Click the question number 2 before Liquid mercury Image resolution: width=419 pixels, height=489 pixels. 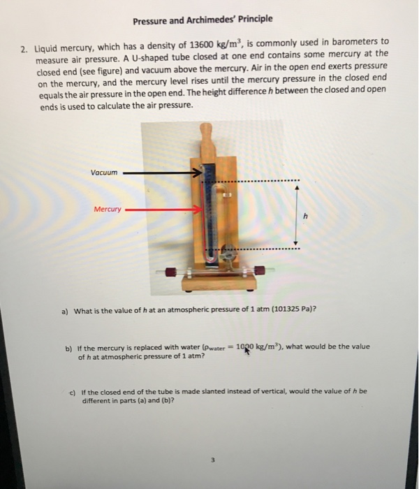click(23, 50)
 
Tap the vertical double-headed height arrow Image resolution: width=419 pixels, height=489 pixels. click(297, 217)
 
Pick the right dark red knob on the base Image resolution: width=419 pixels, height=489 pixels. click(260, 270)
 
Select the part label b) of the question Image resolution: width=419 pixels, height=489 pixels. click(68, 347)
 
